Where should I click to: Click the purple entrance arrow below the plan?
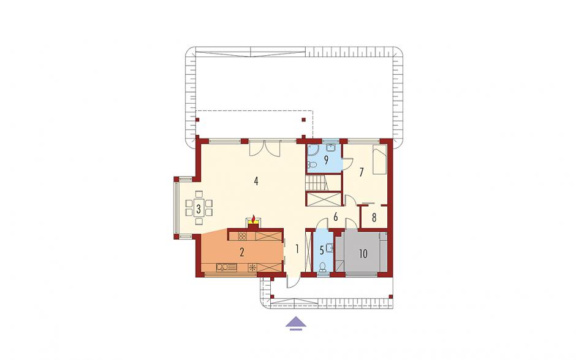(x=296, y=323)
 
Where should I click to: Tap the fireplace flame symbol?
(x=253, y=220)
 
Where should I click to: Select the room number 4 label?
(x=256, y=181)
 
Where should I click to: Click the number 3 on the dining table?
(x=199, y=210)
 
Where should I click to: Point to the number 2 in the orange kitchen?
(x=241, y=252)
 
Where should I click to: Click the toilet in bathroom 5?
(x=322, y=266)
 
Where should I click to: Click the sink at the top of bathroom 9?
(x=331, y=148)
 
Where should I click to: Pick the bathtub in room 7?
(x=380, y=160)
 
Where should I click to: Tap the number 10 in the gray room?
(x=363, y=254)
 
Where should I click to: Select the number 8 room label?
(x=374, y=218)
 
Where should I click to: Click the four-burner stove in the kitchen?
(x=242, y=236)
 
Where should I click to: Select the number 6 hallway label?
(x=335, y=217)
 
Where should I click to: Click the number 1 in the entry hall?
(x=297, y=249)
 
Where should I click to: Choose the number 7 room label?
(x=362, y=172)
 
